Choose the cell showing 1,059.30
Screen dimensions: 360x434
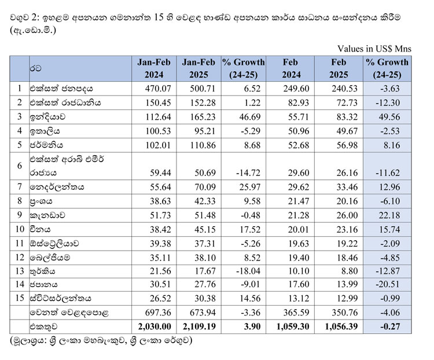point(294,326)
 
